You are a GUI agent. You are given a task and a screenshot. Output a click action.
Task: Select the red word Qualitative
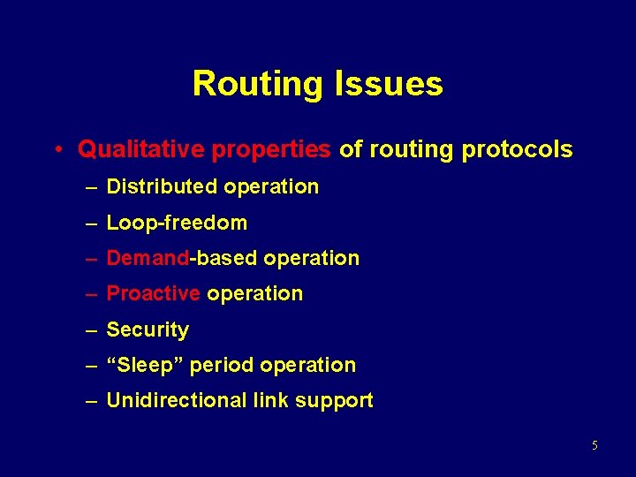141,150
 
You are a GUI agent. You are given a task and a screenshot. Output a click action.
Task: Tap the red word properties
271,150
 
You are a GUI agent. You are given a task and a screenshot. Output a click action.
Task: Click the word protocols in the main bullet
517,150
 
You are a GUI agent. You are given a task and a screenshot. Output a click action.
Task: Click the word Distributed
162,186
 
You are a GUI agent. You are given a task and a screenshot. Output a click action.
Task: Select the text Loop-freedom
177,223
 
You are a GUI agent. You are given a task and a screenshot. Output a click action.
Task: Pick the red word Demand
148,258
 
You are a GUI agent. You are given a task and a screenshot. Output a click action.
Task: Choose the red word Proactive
153,293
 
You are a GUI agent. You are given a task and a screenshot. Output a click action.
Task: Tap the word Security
148,329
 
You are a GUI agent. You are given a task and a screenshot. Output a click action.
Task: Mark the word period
218,365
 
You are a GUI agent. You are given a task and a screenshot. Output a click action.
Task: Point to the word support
334,400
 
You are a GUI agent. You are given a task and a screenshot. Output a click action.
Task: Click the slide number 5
594,445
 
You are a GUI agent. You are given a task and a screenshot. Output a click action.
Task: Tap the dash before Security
91,329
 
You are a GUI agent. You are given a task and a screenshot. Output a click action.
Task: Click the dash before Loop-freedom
91,223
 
